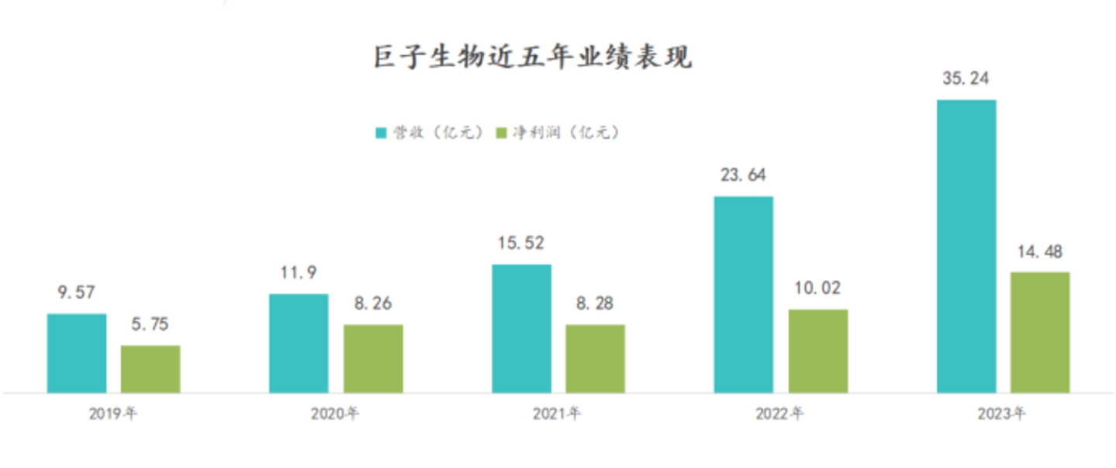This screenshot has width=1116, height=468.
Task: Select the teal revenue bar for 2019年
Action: point(77,353)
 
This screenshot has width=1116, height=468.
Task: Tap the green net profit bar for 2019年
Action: point(150,369)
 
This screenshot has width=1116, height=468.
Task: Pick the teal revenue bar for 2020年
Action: point(299,343)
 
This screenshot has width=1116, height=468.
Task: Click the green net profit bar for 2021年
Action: point(595,359)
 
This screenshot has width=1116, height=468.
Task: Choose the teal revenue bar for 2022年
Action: point(743,294)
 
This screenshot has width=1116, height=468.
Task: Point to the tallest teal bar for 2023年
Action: point(966,246)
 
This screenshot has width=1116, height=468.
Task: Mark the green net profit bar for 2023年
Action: point(1039,332)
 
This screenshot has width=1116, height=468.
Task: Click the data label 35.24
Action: point(966,78)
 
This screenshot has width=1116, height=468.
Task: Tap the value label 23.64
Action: point(743,175)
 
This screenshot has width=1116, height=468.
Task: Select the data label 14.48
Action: point(1039,251)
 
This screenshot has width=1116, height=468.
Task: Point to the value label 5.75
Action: point(150,324)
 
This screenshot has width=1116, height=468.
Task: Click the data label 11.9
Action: point(299,273)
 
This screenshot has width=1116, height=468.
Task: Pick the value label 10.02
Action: point(817,289)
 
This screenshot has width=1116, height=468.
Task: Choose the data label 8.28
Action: point(595,303)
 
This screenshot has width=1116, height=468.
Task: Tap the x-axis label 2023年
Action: point(1002,414)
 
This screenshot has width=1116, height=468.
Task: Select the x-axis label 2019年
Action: point(113,414)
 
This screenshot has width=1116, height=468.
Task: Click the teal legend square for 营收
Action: point(381,133)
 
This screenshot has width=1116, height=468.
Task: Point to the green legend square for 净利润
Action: point(501,133)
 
